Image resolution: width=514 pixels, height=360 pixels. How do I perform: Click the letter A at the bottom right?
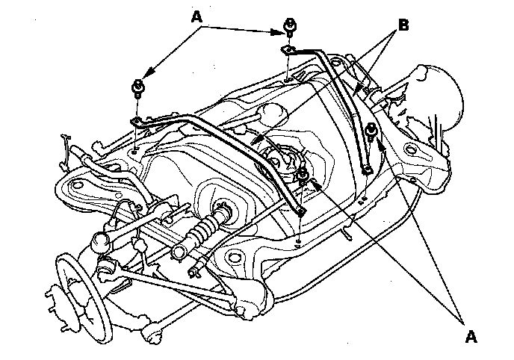tap(470, 337)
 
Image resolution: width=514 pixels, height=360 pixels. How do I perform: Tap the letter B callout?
tap(403, 25)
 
